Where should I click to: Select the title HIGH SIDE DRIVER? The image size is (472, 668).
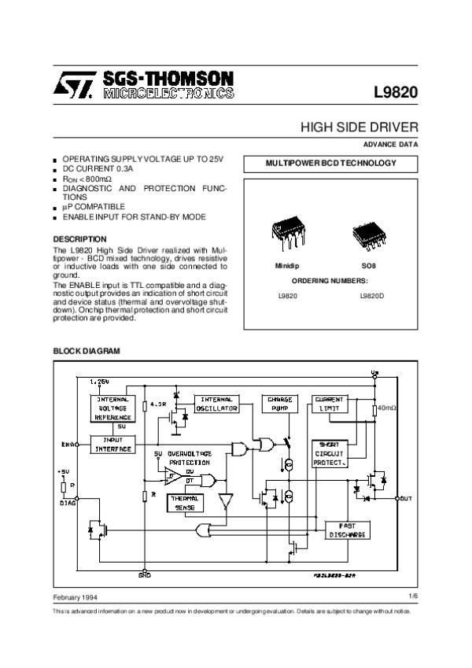(x=360, y=127)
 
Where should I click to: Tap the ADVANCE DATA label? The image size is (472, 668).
(x=390, y=145)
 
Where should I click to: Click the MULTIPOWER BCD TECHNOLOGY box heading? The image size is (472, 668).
(x=330, y=164)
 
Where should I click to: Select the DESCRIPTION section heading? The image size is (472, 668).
(x=79, y=238)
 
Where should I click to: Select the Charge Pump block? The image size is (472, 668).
(x=279, y=404)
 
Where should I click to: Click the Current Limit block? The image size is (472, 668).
(x=329, y=404)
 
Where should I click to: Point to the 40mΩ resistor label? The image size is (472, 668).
(x=386, y=409)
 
